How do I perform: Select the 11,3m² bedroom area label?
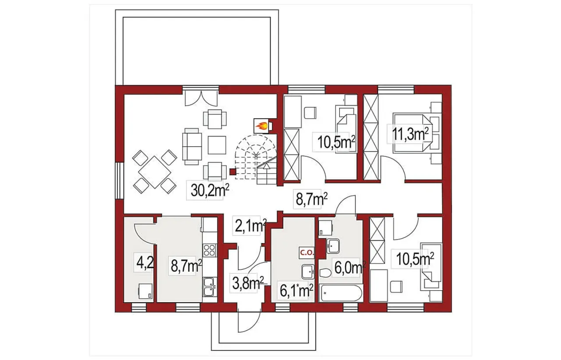pos(410,134)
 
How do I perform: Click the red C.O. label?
pos(307,253)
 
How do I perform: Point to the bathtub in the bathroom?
pos(340,293)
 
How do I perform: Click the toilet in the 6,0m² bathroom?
pos(325,273)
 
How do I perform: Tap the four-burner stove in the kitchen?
pos(209,250)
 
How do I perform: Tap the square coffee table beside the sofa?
pos(217,145)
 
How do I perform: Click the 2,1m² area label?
pos(249,226)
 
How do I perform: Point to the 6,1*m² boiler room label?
pos(296,291)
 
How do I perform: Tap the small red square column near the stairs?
pos(233,172)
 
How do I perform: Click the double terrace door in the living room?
pos(201,98)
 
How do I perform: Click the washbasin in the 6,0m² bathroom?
pos(333,246)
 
